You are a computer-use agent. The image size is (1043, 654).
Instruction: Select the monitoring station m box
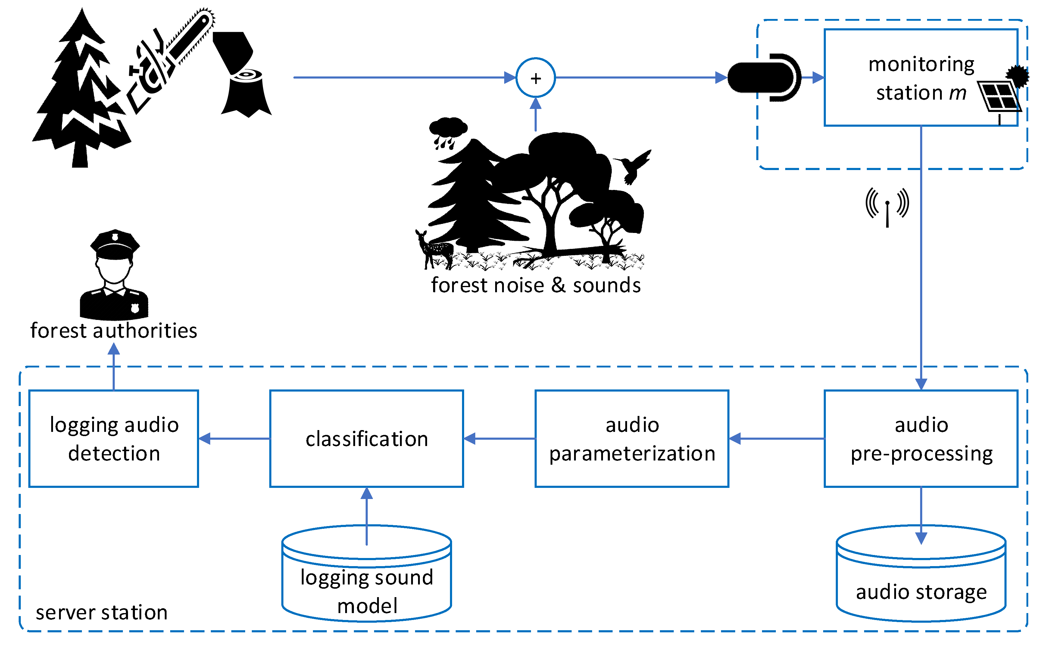tap(909, 78)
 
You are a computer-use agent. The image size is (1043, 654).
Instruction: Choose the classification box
tap(366, 439)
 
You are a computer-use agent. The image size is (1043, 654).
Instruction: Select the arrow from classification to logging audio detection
tap(234, 439)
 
